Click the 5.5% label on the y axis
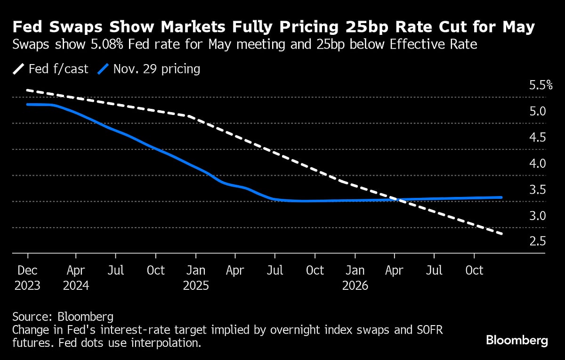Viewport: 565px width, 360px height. point(541,85)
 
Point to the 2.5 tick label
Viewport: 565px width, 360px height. point(537,241)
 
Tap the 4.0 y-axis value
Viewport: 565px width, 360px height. point(537,164)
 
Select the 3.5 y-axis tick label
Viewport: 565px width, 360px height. point(537,189)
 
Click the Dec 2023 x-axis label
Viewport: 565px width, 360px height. point(27,278)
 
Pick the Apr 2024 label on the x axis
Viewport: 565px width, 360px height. point(76,278)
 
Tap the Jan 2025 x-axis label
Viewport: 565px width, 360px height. point(195,278)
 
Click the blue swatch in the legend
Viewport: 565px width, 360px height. point(103,69)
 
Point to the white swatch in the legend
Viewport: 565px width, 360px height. point(19,69)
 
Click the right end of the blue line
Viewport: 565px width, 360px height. point(501,197)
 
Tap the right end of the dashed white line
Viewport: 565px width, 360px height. point(502,234)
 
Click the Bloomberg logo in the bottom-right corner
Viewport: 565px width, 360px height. point(517,340)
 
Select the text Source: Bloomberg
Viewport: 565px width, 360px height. point(63,316)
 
